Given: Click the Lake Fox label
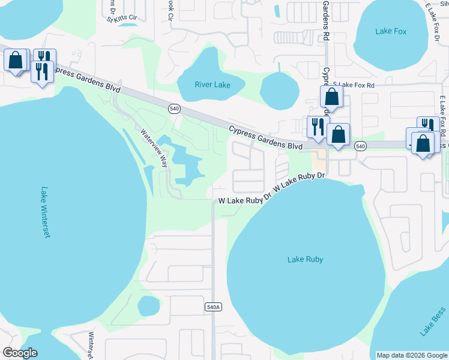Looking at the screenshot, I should [x=391, y=31].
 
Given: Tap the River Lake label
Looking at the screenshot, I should [x=212, y=85].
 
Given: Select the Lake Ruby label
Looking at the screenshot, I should [x=305, y=259].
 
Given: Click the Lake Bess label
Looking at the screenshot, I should [x=432, y=321].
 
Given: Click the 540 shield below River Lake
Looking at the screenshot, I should [x=174, y=108].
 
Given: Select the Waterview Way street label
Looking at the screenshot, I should [x=154, y=148].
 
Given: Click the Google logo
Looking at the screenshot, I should [x=20, y=353].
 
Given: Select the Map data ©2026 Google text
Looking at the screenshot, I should [x=412, y=355].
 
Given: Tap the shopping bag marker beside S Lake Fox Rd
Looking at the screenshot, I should [x=331, y=97].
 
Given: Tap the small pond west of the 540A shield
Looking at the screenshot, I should [x=148, y=306].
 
